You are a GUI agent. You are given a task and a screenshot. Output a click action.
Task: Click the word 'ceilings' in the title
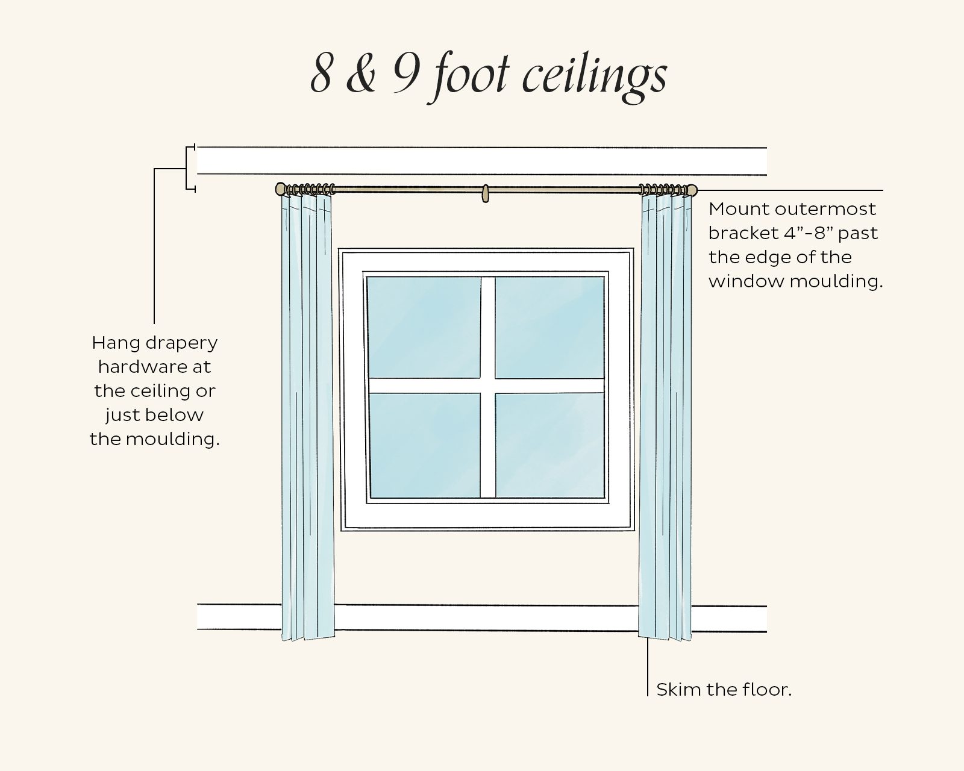coord(593,76)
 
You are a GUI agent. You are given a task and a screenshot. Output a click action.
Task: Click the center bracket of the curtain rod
coord(485,193)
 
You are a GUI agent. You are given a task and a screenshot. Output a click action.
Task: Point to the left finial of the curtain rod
coord(280,190)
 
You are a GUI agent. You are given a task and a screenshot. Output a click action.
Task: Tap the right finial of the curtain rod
coord(692,190)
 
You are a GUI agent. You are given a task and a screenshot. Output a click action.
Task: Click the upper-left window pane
coord(423,327)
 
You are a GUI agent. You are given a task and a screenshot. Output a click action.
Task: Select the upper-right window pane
coord(549,327)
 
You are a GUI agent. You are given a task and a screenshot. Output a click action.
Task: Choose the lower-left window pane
coord(423,446)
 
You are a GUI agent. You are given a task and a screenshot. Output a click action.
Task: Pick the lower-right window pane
coord(549,446)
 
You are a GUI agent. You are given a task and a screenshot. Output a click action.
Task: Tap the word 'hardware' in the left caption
coord(154,367)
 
